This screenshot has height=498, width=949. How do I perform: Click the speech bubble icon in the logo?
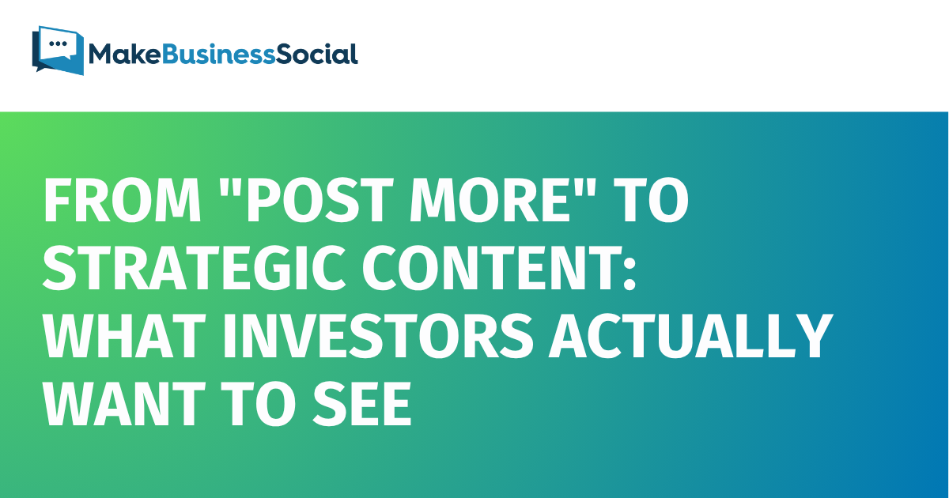click(x=58, y=49)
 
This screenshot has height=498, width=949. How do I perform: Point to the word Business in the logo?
click(x=217, y=54)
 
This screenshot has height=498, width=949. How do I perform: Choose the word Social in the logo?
click(x=319, y=54)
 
